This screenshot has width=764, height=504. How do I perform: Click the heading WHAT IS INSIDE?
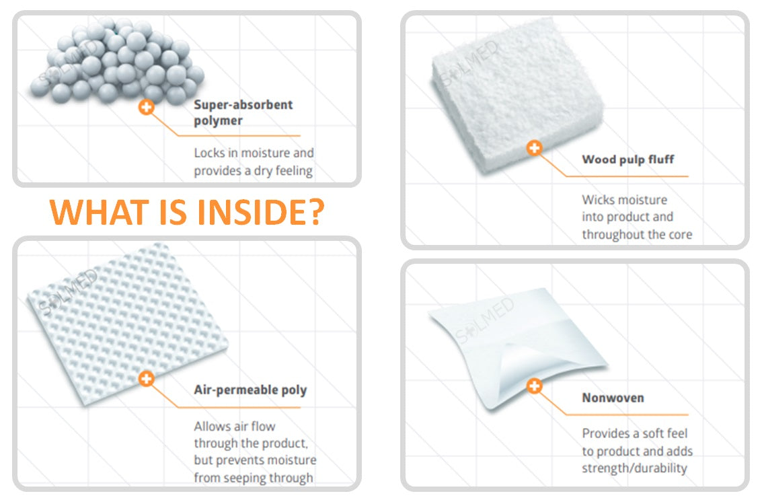(x=187, y=211)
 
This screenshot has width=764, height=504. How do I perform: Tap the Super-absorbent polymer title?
(x=243, y=112)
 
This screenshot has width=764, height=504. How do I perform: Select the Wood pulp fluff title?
(x=627, y=159)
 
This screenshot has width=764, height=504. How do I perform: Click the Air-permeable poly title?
(x=250, y=390)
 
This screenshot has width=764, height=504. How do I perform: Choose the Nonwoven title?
(x=612, y=398)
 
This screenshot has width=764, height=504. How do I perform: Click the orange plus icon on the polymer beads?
(x=146, y=106)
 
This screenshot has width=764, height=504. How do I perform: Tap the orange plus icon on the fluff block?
(x=534, y=148)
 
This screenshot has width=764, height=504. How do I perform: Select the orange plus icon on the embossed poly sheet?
(x=146, y=379)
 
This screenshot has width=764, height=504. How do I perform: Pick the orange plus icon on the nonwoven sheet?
(x=534, y=386)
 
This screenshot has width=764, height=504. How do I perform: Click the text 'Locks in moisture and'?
(x=254, y=153)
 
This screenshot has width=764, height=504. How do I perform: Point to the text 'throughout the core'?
(x=636, y=234)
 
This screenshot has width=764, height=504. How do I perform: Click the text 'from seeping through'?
(x=254, y=478)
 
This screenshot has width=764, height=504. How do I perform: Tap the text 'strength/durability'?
(x=634, y=468)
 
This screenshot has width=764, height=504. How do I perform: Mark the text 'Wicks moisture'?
(x=624, y=200)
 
